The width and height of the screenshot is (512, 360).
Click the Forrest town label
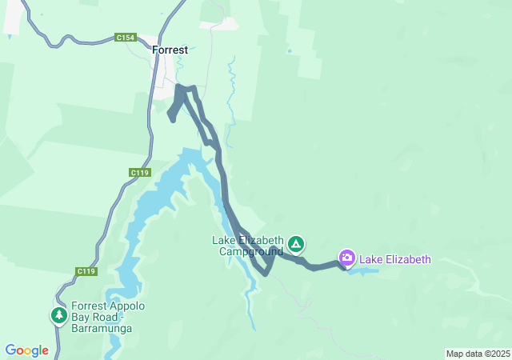point(170,50)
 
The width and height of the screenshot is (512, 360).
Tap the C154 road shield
point(125,38)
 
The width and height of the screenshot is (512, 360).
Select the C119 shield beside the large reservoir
point(139,172)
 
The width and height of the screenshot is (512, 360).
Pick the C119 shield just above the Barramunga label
point(86,272)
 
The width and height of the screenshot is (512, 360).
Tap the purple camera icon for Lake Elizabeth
point(346,258)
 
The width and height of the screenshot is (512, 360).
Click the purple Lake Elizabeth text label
point(395,259)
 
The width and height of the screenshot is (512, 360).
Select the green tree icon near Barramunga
point(58,316)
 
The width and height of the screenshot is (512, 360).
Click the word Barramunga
point(102,329)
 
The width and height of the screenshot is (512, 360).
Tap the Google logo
point(26,350)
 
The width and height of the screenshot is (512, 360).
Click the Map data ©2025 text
point(477,354)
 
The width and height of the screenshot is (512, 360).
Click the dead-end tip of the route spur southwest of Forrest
point(172,120)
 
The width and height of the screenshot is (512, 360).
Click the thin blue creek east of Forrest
point(231,88)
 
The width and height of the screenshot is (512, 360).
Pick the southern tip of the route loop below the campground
point(266,273)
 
